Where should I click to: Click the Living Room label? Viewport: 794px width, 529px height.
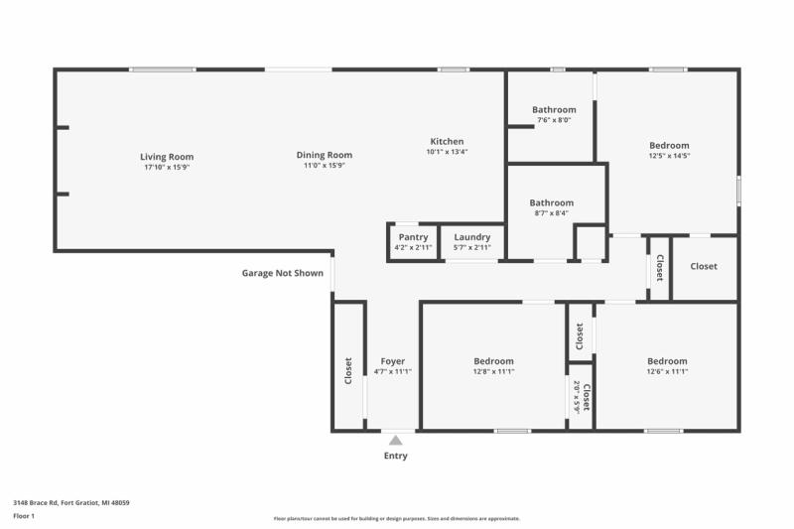(x=167, y=157)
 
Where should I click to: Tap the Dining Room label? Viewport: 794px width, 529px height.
(x=325, y=155)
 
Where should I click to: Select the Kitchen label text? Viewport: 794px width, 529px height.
(x=447, y=141)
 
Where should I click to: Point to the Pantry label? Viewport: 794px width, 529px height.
(x=413, y=237)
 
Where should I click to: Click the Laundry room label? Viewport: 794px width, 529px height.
(x=472, y=237)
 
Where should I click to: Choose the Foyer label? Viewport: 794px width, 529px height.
(x=393, y=361)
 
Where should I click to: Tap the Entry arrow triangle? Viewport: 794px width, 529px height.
(x=395, y=440)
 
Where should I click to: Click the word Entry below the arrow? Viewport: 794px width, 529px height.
(x=395, y=457)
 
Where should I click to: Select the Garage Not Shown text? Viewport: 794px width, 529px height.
(x=283, y=273)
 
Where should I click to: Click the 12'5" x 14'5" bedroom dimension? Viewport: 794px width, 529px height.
(x=669, y=156)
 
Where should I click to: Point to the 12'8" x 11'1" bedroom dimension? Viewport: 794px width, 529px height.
(x=493, y=372)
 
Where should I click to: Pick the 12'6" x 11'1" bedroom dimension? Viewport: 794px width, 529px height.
(x=667, y=372)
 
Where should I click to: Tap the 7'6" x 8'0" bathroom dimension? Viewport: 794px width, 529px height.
(x=554, y=120)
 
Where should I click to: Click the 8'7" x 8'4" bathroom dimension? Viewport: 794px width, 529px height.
(x=551, y=213)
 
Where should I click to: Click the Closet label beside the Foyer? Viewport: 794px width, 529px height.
(x=348, y=371)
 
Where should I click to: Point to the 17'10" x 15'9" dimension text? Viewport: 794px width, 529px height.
(x=167, y=167)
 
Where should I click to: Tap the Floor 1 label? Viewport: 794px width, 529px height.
(x=24, y=516)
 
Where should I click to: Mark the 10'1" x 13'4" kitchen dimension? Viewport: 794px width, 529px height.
(x=447, y=152)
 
